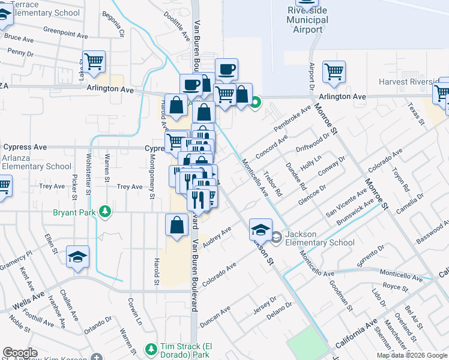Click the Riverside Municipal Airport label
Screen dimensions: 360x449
[307, 20]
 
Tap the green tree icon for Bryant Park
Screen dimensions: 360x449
[106, 211]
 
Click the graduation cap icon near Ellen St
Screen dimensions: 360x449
[78, 257]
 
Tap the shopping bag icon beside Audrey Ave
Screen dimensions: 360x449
[177, 226]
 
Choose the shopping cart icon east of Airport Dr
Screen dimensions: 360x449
[334, 72]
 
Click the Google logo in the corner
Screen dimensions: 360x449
[20, 353]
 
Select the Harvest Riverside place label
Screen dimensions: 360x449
[409, 82]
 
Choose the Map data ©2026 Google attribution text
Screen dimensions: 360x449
[412, 355]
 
